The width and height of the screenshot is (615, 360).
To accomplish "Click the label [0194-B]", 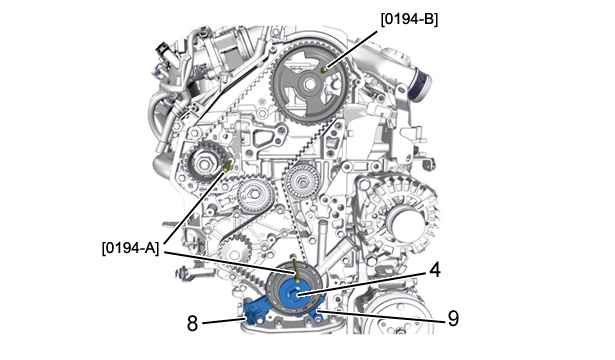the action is (409, 19).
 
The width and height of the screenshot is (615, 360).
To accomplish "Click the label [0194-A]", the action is (131, 248).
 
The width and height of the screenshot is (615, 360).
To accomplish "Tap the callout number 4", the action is (435, 271).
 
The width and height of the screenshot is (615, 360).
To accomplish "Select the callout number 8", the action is (192, 324).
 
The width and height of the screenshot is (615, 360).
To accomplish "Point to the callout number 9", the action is (453, 318).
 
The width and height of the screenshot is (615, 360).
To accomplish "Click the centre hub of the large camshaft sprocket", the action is (309, 84).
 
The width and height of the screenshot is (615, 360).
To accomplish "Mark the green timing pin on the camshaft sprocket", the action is (324, 70).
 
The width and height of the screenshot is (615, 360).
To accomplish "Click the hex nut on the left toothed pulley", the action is (204, 162).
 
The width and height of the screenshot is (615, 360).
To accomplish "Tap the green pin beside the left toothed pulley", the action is (228, 167).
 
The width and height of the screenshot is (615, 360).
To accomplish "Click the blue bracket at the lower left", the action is (256, 311).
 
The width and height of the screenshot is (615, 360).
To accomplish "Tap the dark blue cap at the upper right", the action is (420, 84).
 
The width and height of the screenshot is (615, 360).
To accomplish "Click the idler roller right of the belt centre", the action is (302, 180).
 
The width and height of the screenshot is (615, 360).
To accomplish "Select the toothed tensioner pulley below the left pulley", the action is (251, 195).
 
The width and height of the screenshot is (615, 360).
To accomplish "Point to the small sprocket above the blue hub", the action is (234, 248).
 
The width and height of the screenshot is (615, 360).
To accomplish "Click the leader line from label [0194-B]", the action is (351, 50).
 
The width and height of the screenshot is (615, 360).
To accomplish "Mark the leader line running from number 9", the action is (381, 316).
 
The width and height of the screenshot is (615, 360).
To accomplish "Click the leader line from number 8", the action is (223, 322).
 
